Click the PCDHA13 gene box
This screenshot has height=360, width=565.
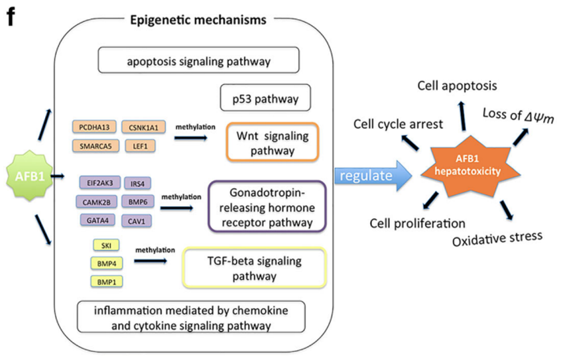(94, 125)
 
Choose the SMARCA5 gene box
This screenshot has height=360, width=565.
(94, 143)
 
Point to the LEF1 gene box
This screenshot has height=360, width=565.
(140, 143)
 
